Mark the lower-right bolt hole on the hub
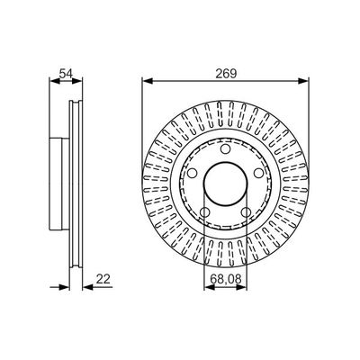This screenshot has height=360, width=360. click(x=247, y=212)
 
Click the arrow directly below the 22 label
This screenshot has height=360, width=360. click(x=88, y=288)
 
